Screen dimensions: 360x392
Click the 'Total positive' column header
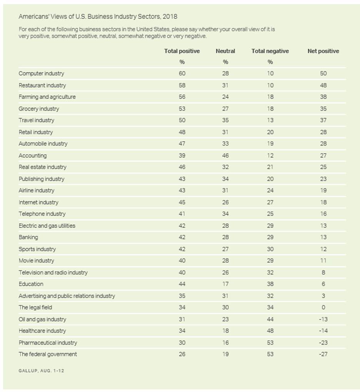[182, 51]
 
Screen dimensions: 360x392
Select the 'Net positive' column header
[323, 51]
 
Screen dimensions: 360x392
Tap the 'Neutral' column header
[225, 51]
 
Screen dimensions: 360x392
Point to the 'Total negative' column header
[270, 51]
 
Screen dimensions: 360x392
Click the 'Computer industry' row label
[41, 74]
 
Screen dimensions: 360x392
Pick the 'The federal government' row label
[48, 354]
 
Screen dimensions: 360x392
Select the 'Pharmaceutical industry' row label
[48, 342]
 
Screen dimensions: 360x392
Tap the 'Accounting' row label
[32, 156]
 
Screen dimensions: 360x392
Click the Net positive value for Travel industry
[323, 120]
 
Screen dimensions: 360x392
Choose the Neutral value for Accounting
[225, 156]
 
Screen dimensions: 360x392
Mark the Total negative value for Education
[270, 284]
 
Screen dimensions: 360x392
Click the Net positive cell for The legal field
[323, 307]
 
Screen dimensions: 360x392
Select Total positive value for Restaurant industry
[182, 85]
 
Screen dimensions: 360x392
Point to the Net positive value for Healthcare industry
[323, 331]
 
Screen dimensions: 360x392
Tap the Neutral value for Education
[225, 284]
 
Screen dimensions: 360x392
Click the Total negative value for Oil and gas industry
[270, 319]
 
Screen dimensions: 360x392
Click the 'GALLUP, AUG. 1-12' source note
[41, 370]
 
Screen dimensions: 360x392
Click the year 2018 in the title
[170, 17]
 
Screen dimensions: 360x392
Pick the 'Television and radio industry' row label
[53, 273]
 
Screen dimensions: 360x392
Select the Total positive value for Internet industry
[182, 202]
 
